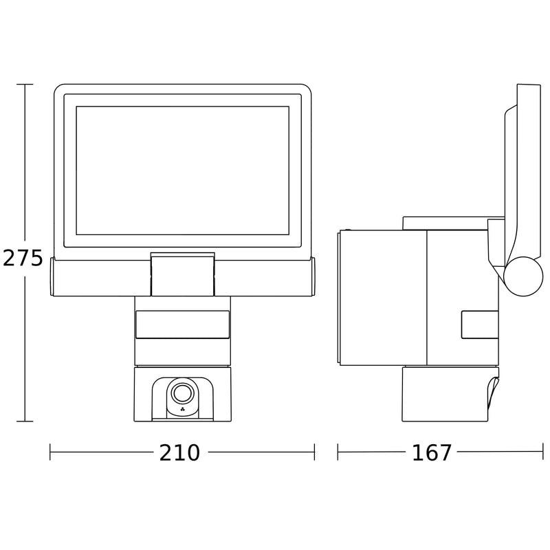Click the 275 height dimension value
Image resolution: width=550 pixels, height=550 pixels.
23,258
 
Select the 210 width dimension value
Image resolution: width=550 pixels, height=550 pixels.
179,453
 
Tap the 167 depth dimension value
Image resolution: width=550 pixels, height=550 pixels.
432,453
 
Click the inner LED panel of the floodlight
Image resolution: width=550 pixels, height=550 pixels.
182,170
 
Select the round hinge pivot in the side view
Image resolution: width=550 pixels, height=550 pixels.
523,276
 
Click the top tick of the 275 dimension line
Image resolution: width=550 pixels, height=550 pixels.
25,85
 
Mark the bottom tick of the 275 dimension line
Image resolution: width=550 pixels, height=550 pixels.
25,421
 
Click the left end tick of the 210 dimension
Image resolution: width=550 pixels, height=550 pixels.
50,452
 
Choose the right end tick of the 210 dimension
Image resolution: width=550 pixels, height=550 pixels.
314,452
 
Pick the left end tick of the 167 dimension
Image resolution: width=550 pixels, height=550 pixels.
338,452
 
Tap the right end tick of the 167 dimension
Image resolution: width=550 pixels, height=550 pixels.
542,452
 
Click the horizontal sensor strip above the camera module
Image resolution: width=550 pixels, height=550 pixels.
182,324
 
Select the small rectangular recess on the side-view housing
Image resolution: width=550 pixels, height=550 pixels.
480,324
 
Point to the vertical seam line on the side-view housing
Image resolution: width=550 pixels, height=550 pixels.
426,298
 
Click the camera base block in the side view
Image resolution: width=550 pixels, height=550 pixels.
445,394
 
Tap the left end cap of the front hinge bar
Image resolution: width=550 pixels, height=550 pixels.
52,277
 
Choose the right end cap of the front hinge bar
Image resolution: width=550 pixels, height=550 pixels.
313,277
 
